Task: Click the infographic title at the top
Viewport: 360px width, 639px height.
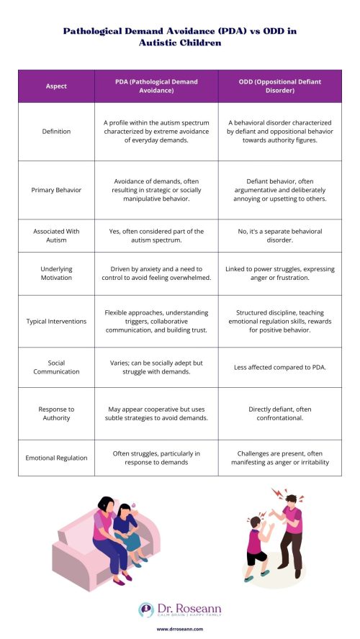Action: [x=180, y=37]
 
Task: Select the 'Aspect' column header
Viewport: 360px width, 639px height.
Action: [x=56, y=86]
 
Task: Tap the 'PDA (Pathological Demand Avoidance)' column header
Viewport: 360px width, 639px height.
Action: [x=156, y=86]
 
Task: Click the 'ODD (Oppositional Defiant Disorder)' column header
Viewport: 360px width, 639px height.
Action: [x=281, y=86]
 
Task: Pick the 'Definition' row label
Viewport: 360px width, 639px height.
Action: [x=56, y=132]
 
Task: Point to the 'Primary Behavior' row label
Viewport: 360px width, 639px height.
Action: [x=56, y=190]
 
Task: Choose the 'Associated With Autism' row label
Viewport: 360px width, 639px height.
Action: [x=56, y=235]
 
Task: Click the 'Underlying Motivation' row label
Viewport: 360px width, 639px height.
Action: [x=56, y=273]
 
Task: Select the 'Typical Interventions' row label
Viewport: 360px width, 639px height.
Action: [x=56, y=321]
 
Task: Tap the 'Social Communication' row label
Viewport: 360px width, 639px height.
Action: [x=56, y=367]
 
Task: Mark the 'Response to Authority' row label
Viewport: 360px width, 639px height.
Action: [x=56, y=413]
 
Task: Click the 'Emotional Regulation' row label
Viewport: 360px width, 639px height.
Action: [x=56, y=458]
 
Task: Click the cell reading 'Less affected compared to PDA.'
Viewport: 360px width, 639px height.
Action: [x=281, y=367]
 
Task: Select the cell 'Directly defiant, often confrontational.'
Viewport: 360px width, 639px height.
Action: [x=281, y=413]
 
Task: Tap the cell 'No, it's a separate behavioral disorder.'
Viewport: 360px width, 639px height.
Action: [x=281, y=235]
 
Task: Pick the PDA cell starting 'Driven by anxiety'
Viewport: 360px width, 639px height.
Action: [x=156, y=273]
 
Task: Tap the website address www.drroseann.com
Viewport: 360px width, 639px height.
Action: [x=180, y=628]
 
